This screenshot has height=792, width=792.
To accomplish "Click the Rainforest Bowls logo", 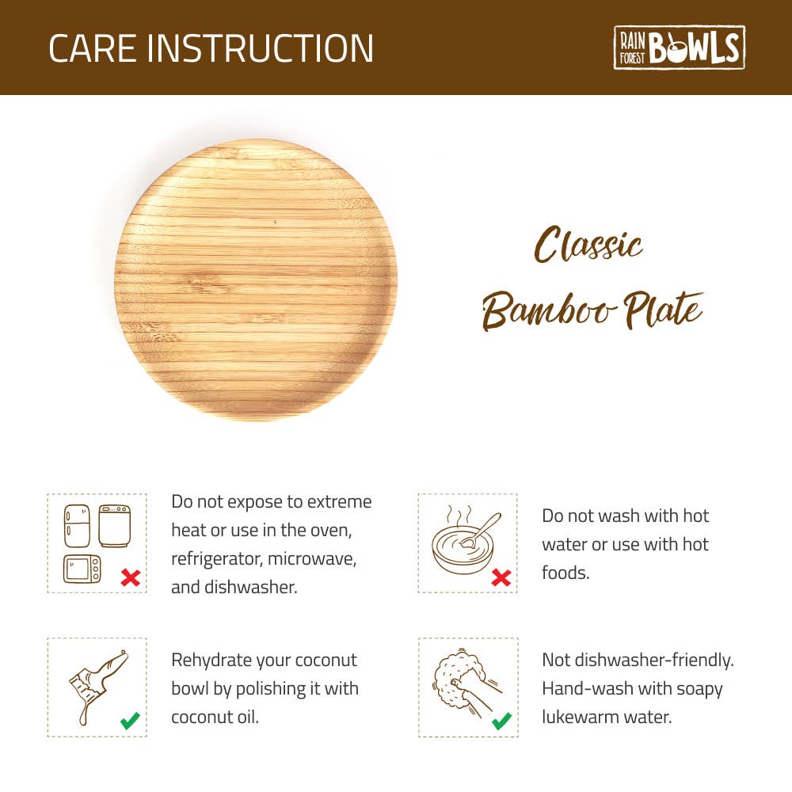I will (679, 48).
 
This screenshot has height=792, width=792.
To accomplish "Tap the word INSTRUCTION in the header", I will (261, 48).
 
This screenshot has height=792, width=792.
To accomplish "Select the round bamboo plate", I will (255, 280).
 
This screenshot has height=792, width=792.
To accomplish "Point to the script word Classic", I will (588, 246).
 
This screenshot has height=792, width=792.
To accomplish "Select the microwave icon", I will (82, 569).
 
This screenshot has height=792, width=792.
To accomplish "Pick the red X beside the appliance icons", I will (130, 578).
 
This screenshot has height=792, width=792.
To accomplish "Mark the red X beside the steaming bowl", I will (501, 578).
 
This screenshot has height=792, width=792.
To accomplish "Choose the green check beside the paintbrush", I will (130, 721).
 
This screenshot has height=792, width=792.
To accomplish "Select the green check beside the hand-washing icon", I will (501, 721).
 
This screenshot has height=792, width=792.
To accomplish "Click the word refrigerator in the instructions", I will (217, 559).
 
